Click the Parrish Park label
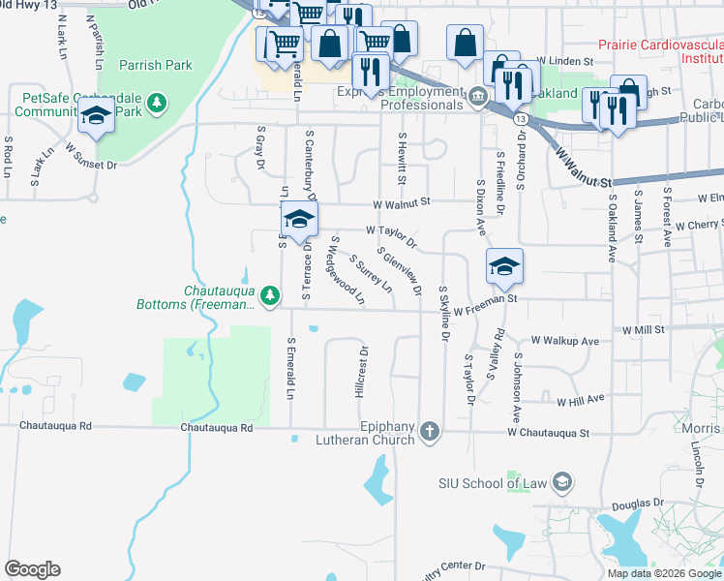(x=156, y=66)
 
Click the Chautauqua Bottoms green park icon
(x=274, y=294)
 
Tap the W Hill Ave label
(x=580, y=398)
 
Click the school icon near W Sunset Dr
(x=96, y=115)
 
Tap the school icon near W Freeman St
(x=504, y=265)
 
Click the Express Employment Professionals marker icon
(x=477, y=98)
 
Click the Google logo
(x=32, y=569)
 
